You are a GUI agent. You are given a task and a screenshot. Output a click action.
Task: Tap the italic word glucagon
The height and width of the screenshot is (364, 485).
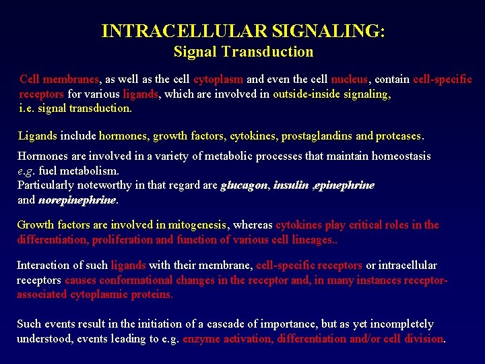(x=245, y=185)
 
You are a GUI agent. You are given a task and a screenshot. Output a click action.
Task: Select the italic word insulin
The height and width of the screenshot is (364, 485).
(x=291, y=185)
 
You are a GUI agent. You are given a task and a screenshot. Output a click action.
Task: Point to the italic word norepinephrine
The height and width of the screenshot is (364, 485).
(x=77, y=200)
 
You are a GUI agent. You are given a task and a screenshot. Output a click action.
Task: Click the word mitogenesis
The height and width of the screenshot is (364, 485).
(x=195, y=225)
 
